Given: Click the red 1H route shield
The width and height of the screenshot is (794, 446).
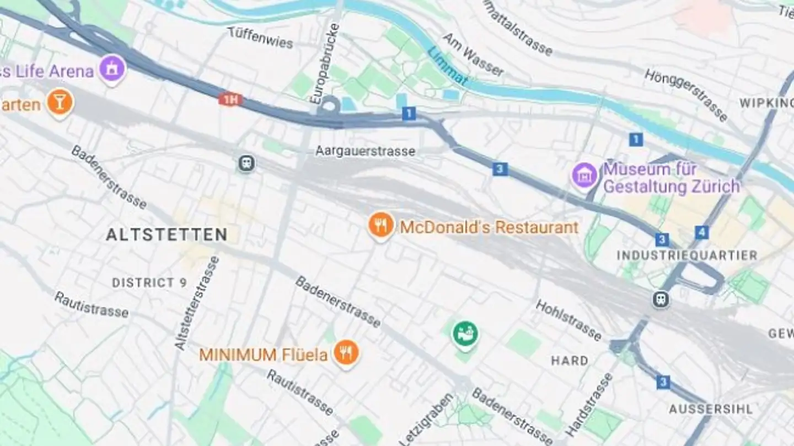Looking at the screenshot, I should click(x=230, y=100).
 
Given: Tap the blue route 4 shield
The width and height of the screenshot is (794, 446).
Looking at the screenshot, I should click(x=701, y=232).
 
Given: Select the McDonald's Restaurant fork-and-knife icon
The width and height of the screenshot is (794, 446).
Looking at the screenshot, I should click(x=381, y=225).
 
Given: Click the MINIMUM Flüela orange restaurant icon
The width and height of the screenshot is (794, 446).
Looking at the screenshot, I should click(x=346, y=353).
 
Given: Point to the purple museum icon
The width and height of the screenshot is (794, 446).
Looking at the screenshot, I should click(x=584, y=176).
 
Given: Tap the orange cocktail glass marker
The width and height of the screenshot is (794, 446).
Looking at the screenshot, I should click(x=60, y=102).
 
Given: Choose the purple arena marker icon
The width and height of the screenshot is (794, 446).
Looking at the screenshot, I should click(x=113, y=69).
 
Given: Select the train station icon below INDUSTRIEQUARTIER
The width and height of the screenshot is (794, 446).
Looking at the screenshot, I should click(x=661, y=300).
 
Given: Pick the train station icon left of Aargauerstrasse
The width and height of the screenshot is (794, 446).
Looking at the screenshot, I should click(x=246, y=163).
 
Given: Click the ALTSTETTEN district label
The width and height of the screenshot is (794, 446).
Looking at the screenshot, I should click(x=167, y=235).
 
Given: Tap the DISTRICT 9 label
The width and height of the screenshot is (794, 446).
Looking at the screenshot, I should click(x=149, y=283).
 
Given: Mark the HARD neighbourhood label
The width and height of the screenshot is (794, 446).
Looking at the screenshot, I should click(x=570, y=361).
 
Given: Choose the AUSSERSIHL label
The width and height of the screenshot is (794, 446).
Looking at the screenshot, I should click(x=710, y=409).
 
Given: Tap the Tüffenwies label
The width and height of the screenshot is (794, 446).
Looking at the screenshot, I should click(x=260, y=38).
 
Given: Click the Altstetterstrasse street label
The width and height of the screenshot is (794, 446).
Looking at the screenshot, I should click(x=197, y=303).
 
